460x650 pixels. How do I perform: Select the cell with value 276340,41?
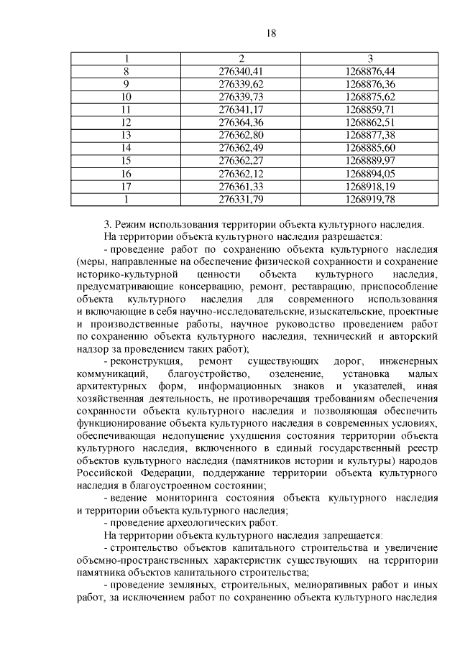point(241,71)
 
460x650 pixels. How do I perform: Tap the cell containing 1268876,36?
point(370,84)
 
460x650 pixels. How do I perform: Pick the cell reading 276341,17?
point(241,109)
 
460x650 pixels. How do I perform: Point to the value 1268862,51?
point(370,122)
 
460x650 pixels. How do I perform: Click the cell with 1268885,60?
point(370,147)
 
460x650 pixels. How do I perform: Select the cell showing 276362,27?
point(241,160)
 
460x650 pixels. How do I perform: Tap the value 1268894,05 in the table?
point(370,173)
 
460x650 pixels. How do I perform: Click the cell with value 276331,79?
point(241,198)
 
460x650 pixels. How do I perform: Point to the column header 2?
point(241,58)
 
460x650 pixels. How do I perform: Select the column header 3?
point(370,58)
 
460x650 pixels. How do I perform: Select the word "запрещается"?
point(352,536)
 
